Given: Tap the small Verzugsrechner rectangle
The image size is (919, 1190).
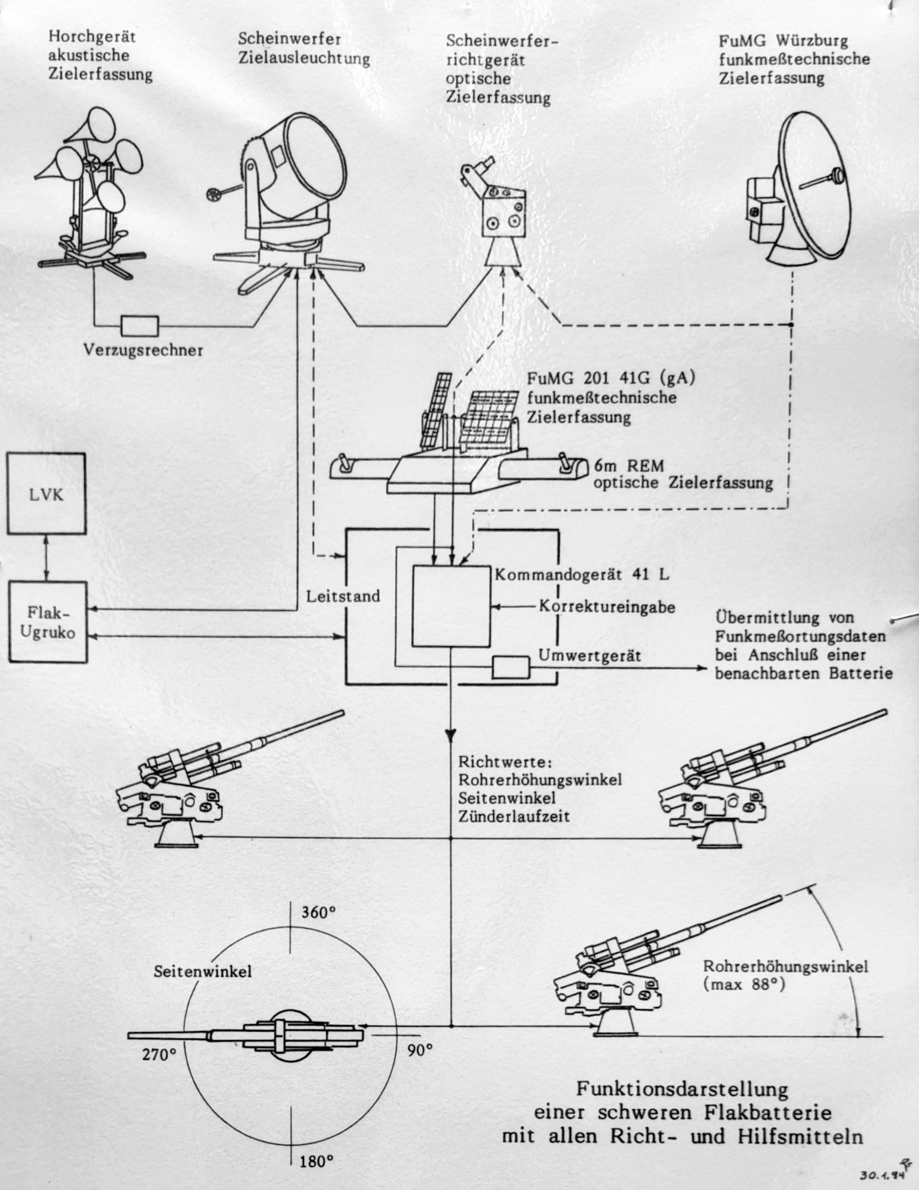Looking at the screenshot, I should tap(139, 325).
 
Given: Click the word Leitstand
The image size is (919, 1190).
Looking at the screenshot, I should tap(343, 596).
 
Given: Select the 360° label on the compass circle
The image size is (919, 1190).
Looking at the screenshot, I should tap(318, 913).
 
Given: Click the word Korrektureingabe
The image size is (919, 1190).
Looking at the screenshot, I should tap(607, 607).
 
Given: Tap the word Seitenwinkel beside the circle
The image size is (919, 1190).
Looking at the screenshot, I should tap(203, 971).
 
